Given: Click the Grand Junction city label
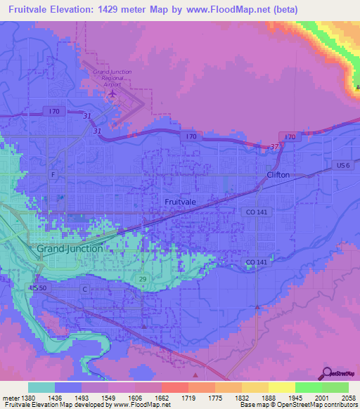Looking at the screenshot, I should pyautogui.click(x=70, y=249).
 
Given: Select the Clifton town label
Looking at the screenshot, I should pyautogui.click(x=278, y=175).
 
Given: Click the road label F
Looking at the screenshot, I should pyautogui.click(x=53, y=174).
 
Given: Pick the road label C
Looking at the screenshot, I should pyautogui.click(x=84, y=289).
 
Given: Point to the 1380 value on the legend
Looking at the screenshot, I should pyautogui.click(x=26, y=397).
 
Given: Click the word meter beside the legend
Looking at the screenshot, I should pyautogui.click(x=9, y=397).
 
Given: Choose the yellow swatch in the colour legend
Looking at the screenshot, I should pyautogui.click(x=281, y=387).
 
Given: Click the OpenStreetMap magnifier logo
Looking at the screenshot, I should pyautogui.click(x=326, y=374).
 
